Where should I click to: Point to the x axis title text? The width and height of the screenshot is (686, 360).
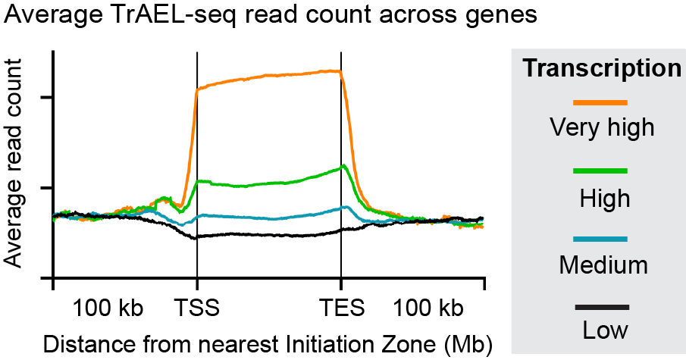268,343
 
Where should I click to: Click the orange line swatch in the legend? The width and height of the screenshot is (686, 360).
601,102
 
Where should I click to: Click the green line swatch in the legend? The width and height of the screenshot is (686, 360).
601,171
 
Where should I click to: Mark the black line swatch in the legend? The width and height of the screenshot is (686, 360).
601,307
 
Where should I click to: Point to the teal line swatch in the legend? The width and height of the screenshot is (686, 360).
601,239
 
